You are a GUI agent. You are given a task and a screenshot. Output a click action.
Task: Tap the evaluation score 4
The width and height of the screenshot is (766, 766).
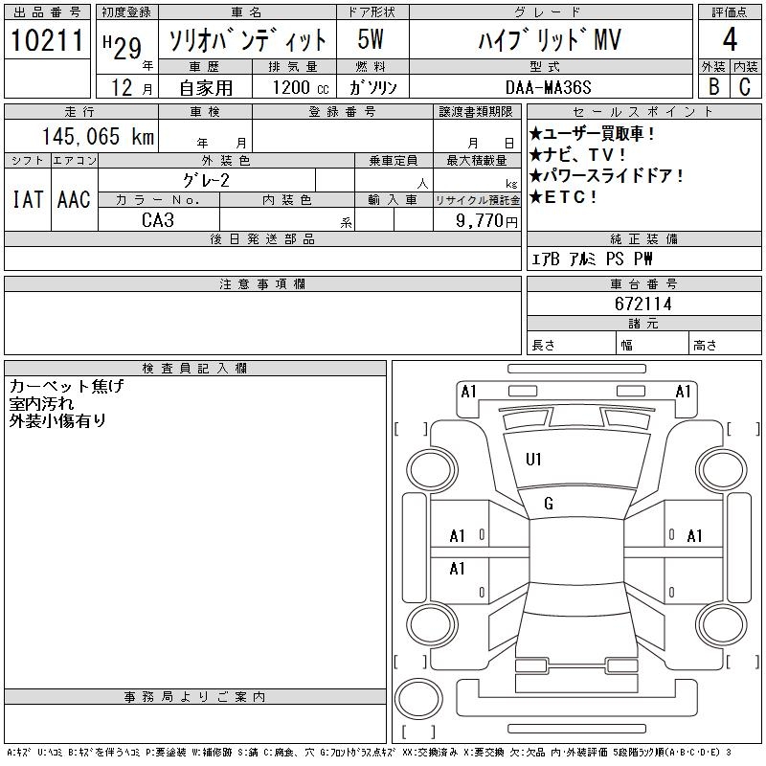pos(730,40)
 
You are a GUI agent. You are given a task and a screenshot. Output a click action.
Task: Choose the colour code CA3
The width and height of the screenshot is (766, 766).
pos(159,220)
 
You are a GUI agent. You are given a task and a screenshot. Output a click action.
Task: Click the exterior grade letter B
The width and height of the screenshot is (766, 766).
pos(712,86)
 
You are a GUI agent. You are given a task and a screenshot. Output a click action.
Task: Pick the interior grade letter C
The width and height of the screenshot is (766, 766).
pos(745,86)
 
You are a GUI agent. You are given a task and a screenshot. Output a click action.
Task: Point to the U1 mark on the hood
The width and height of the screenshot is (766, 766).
pos(533,460)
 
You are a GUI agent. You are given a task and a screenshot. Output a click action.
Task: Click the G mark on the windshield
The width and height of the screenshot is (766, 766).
pos(549,504)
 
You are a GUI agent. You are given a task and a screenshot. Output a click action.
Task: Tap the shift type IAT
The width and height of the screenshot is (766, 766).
pos(27,199)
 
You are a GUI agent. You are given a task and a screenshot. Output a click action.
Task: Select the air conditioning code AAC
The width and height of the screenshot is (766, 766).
pos(74,199)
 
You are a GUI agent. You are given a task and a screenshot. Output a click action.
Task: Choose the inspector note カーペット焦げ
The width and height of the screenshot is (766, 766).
pos(66,386)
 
